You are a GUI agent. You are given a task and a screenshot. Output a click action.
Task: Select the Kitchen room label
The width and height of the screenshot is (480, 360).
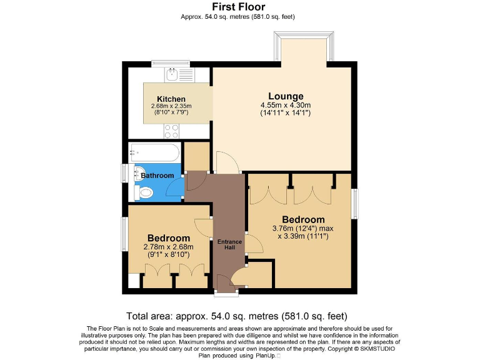coord(171,99)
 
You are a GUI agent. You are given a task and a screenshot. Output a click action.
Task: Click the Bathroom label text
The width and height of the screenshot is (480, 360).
coord(157,176)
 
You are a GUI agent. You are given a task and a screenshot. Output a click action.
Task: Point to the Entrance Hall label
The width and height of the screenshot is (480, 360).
coord(229,244)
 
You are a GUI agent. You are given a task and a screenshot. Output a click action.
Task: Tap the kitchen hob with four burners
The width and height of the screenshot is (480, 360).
coord(171,131)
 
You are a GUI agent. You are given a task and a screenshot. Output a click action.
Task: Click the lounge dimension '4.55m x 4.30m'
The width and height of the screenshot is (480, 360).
coord(285,106)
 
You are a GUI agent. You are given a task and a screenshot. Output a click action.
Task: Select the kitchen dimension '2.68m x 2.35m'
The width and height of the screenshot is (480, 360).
coord(171,106)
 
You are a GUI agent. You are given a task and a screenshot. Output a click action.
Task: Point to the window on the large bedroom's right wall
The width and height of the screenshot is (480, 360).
coord(355,203)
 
